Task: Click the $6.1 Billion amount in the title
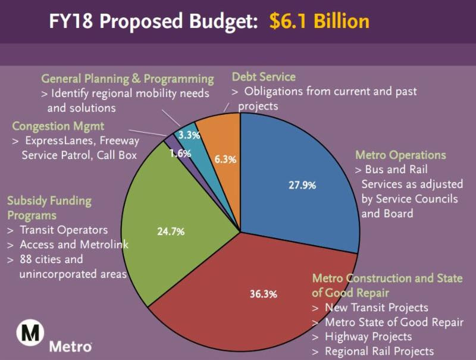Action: [x=319, y=21]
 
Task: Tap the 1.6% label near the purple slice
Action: [x=180, y=154]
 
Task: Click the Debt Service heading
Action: [x=263, y=77]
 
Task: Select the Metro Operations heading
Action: [x=400, y=155]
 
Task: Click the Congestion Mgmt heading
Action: [x=58, y=126]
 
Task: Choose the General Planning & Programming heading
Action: [x=127, y=79]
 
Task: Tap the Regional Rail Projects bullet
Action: [x=378, y=351]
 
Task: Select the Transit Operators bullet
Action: [x=63, y=230]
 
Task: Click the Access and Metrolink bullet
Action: [x=74, y=245]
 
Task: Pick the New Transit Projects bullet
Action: [x=376, y=308]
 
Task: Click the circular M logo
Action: [x=28, y=333]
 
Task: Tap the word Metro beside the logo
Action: [x=70, y=346]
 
